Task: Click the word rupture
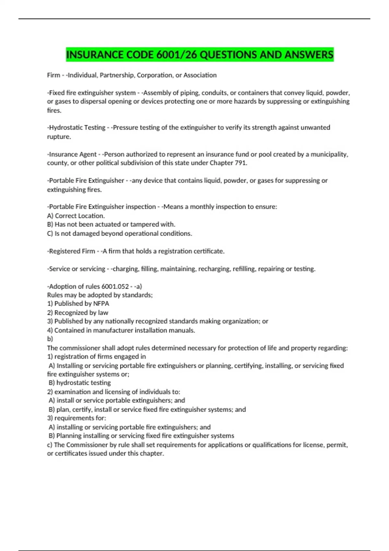58,137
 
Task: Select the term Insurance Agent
73,154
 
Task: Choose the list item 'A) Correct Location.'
76,216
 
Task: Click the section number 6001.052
115,287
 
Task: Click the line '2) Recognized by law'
78,313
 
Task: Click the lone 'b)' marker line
50,339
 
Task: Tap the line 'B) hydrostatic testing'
80,383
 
